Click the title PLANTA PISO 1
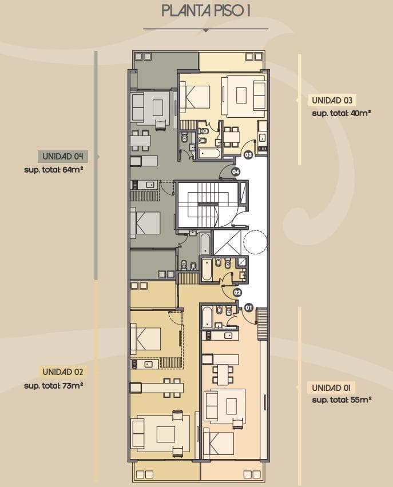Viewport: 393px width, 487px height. (206, 11)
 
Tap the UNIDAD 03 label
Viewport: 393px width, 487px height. (332, 101)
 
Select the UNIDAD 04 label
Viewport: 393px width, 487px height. (63, 156)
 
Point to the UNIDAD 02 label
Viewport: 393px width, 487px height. (63, 372)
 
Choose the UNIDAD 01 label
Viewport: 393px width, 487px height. (331, 388)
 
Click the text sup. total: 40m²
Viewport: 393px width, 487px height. (342, 113)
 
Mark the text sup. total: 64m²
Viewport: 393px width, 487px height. (53, 170)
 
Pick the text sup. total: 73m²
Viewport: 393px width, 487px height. (53, 386)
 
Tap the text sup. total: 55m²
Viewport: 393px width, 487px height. (342, 400)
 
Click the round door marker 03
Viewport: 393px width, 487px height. (248, 154)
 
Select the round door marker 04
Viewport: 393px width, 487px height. (236, 171)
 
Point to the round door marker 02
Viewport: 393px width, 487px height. (237, 293)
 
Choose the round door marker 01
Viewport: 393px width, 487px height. (248, 308)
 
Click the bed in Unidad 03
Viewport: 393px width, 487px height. (194, 97)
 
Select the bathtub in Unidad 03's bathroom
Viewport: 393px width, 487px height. (210, 153)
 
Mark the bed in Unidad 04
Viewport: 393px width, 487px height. (145, 223)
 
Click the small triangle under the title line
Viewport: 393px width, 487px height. (205, 30)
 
